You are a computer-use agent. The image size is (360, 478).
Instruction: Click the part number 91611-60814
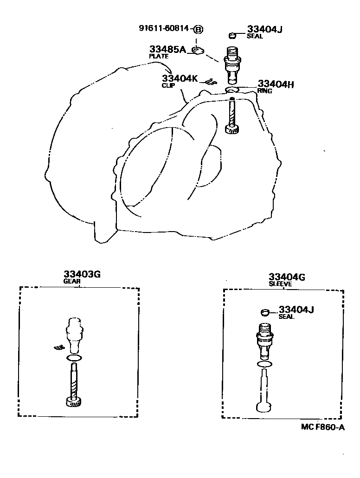164,28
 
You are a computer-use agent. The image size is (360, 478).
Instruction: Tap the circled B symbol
198,29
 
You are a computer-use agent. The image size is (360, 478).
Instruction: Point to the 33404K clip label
180,81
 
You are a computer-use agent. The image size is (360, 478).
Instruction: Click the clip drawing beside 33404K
211,81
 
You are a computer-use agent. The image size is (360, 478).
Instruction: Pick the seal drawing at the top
232,36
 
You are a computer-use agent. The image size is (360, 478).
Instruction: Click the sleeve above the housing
232,65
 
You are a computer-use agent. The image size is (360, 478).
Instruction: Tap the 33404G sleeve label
286,279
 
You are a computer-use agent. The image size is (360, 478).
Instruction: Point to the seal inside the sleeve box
265,312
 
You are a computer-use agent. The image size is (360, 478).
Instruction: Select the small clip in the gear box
59,347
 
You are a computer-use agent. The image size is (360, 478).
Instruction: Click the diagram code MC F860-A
323,427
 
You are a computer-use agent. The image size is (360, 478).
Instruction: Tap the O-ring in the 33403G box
74,358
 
